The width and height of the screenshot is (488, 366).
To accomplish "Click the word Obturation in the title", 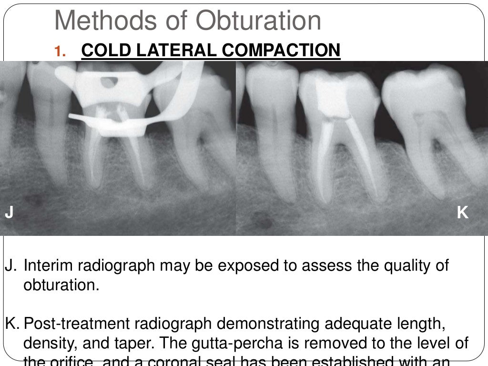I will pyautogui.click(x=259, y=20).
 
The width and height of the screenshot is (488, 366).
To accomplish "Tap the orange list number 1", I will pyautogui.click(x=59, y=51).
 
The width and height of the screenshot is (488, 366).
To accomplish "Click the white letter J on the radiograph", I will pyautogui.click(x=9, y=213).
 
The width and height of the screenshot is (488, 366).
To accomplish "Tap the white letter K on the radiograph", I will pyautogui.click(x=462, y=213).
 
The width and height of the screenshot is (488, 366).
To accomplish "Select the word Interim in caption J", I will pyautogui.click(x=49, y=265).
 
